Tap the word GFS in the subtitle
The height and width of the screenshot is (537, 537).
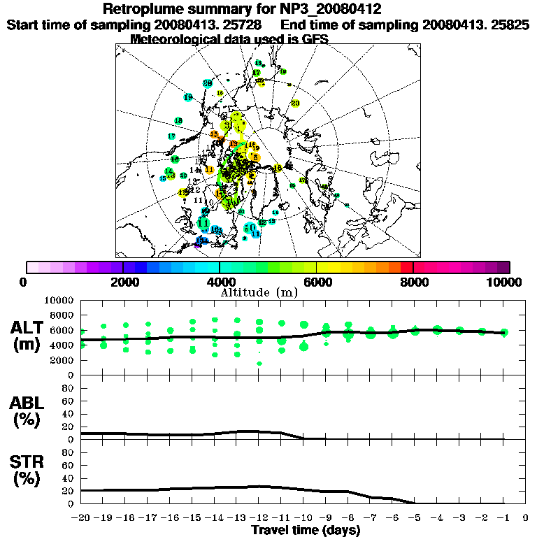tap(315, 39)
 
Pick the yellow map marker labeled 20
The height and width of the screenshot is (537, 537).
tap(295, 103)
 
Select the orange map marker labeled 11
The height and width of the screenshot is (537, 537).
tap(209, 170)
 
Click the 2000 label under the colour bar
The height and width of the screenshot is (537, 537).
tap(123, 282)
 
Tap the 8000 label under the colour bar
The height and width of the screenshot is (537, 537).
tap(413, 282)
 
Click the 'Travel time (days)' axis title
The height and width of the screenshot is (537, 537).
tap(306, 530)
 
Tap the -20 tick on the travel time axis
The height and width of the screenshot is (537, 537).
tap(81, 517)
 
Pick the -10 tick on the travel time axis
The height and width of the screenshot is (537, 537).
tap(303, 517)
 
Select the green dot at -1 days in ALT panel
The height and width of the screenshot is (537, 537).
tap(504, 332)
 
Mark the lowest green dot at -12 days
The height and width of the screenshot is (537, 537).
tap(259, 364)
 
